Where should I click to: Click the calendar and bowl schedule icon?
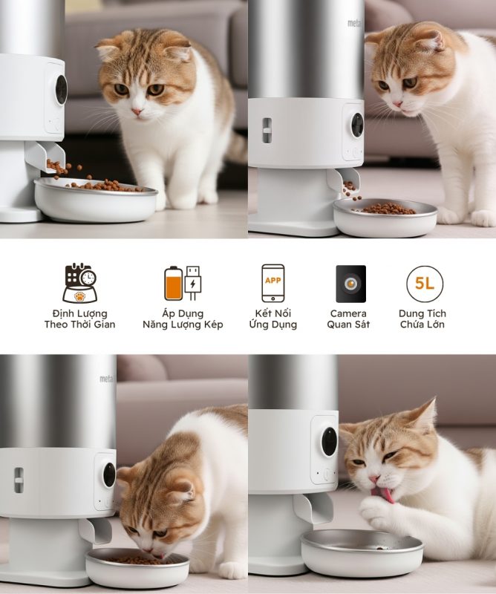[79, 283]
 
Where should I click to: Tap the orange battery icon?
[173, 284]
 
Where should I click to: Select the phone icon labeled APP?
[273, 284]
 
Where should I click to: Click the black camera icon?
[351, 284]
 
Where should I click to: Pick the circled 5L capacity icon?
[425, 284]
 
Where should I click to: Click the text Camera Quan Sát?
[348, 319]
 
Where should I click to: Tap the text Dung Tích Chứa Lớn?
[422, 319]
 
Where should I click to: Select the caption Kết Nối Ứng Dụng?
[273, 319]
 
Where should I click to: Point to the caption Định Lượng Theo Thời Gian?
[79, 319]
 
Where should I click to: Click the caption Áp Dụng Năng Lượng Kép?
[183, 319]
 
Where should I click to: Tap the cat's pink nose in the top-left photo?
[137, 111]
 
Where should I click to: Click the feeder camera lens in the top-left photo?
[62, 90]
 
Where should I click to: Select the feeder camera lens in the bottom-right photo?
[329, 442]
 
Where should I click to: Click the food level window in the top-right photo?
[267, 131]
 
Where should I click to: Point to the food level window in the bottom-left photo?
[19, 480]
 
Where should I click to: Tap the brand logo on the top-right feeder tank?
[355, 23]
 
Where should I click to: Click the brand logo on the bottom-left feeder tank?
[107, 379]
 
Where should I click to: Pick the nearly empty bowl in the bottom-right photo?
[362, 552]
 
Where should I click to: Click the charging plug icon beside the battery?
[193, 284]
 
